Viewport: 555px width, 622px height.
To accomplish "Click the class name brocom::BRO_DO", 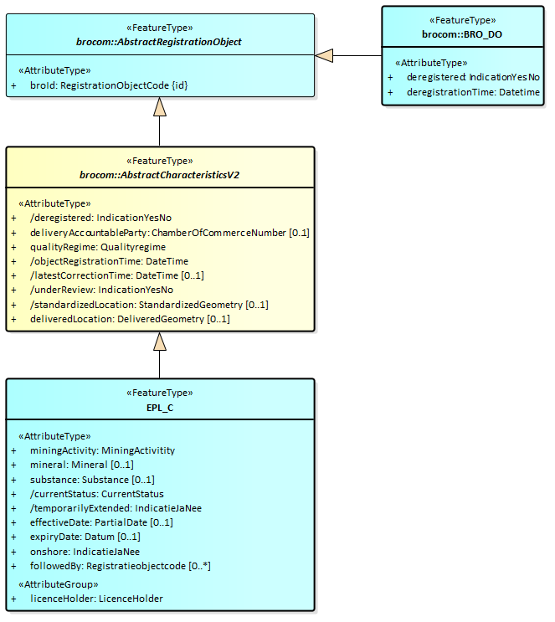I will coord(462,34).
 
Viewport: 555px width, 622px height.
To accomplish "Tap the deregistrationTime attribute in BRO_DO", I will coord(473,92).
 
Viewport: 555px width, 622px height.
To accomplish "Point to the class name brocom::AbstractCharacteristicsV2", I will coord(159,174).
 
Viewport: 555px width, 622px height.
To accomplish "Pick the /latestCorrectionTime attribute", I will coord(116,275).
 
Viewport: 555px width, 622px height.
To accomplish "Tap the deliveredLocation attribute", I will coord(129,319).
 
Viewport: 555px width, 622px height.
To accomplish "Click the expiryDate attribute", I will coord(85,537).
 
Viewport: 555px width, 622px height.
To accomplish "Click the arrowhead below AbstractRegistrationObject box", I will coord(159,107).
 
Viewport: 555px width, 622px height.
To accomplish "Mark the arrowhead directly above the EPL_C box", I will coord(159,342).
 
